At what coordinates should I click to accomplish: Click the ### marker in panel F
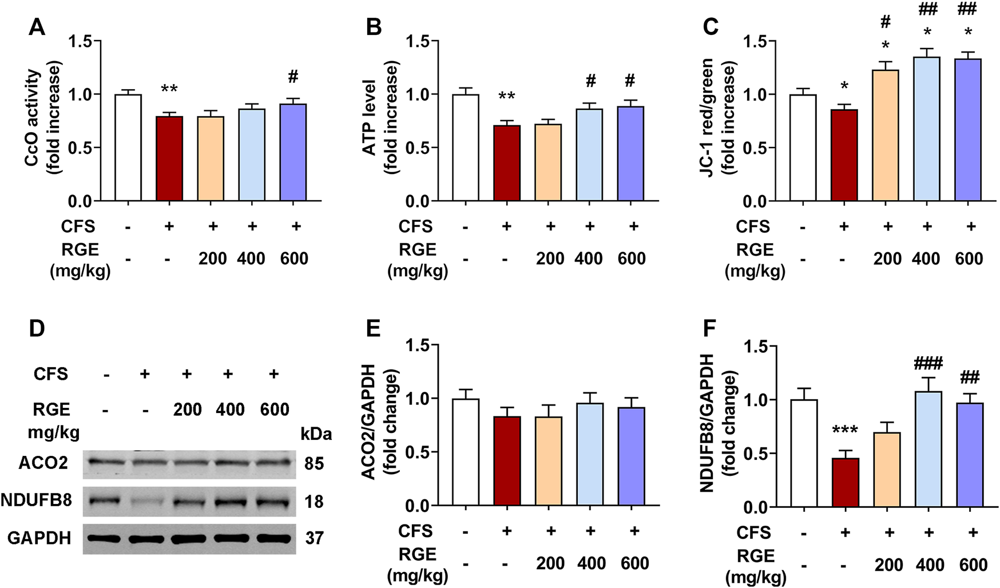(x=928, y=363)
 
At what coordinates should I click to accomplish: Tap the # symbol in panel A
(x=293, y=77)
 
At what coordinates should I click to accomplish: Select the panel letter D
(x=37, y=329)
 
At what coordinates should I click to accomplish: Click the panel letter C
(x=710, y=26)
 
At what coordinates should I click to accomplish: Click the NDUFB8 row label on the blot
(x=36, y=500)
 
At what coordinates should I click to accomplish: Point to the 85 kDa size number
(x=314, y=463)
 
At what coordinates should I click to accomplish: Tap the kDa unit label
(x=316, y=434)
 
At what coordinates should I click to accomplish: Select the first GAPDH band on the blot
(x=104, y=538)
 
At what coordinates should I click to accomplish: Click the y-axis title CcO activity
(x=32, y=117)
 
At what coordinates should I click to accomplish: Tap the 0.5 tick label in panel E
(x=418, y=452)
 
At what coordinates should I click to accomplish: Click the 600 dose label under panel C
(x=969, y=259)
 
